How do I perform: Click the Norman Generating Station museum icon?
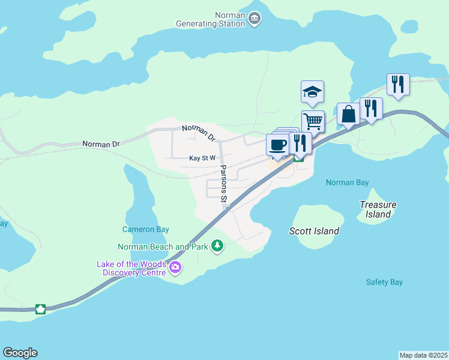coord(255,20)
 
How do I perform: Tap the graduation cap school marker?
coord(312,92)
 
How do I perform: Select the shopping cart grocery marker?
coord(312,121)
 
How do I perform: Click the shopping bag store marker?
coord(348,113)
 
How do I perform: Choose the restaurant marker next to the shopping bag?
coord(371,109)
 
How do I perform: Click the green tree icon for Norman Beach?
coord(217,246)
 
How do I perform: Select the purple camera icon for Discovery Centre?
coord(175,268)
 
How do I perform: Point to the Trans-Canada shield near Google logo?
coord(41,309)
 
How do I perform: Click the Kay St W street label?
coord(202,158)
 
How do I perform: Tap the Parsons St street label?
coord(223,183)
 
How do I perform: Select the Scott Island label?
coord(314,231)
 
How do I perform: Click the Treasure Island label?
coord(378,209)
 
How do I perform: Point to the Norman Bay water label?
coord(347,182)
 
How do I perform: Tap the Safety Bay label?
coord(384,282)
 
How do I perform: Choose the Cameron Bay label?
coord(146,229)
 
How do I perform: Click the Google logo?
coord(20,353)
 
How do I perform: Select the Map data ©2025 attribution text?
coord(423,355)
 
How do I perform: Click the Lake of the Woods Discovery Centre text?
coord(131,269)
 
